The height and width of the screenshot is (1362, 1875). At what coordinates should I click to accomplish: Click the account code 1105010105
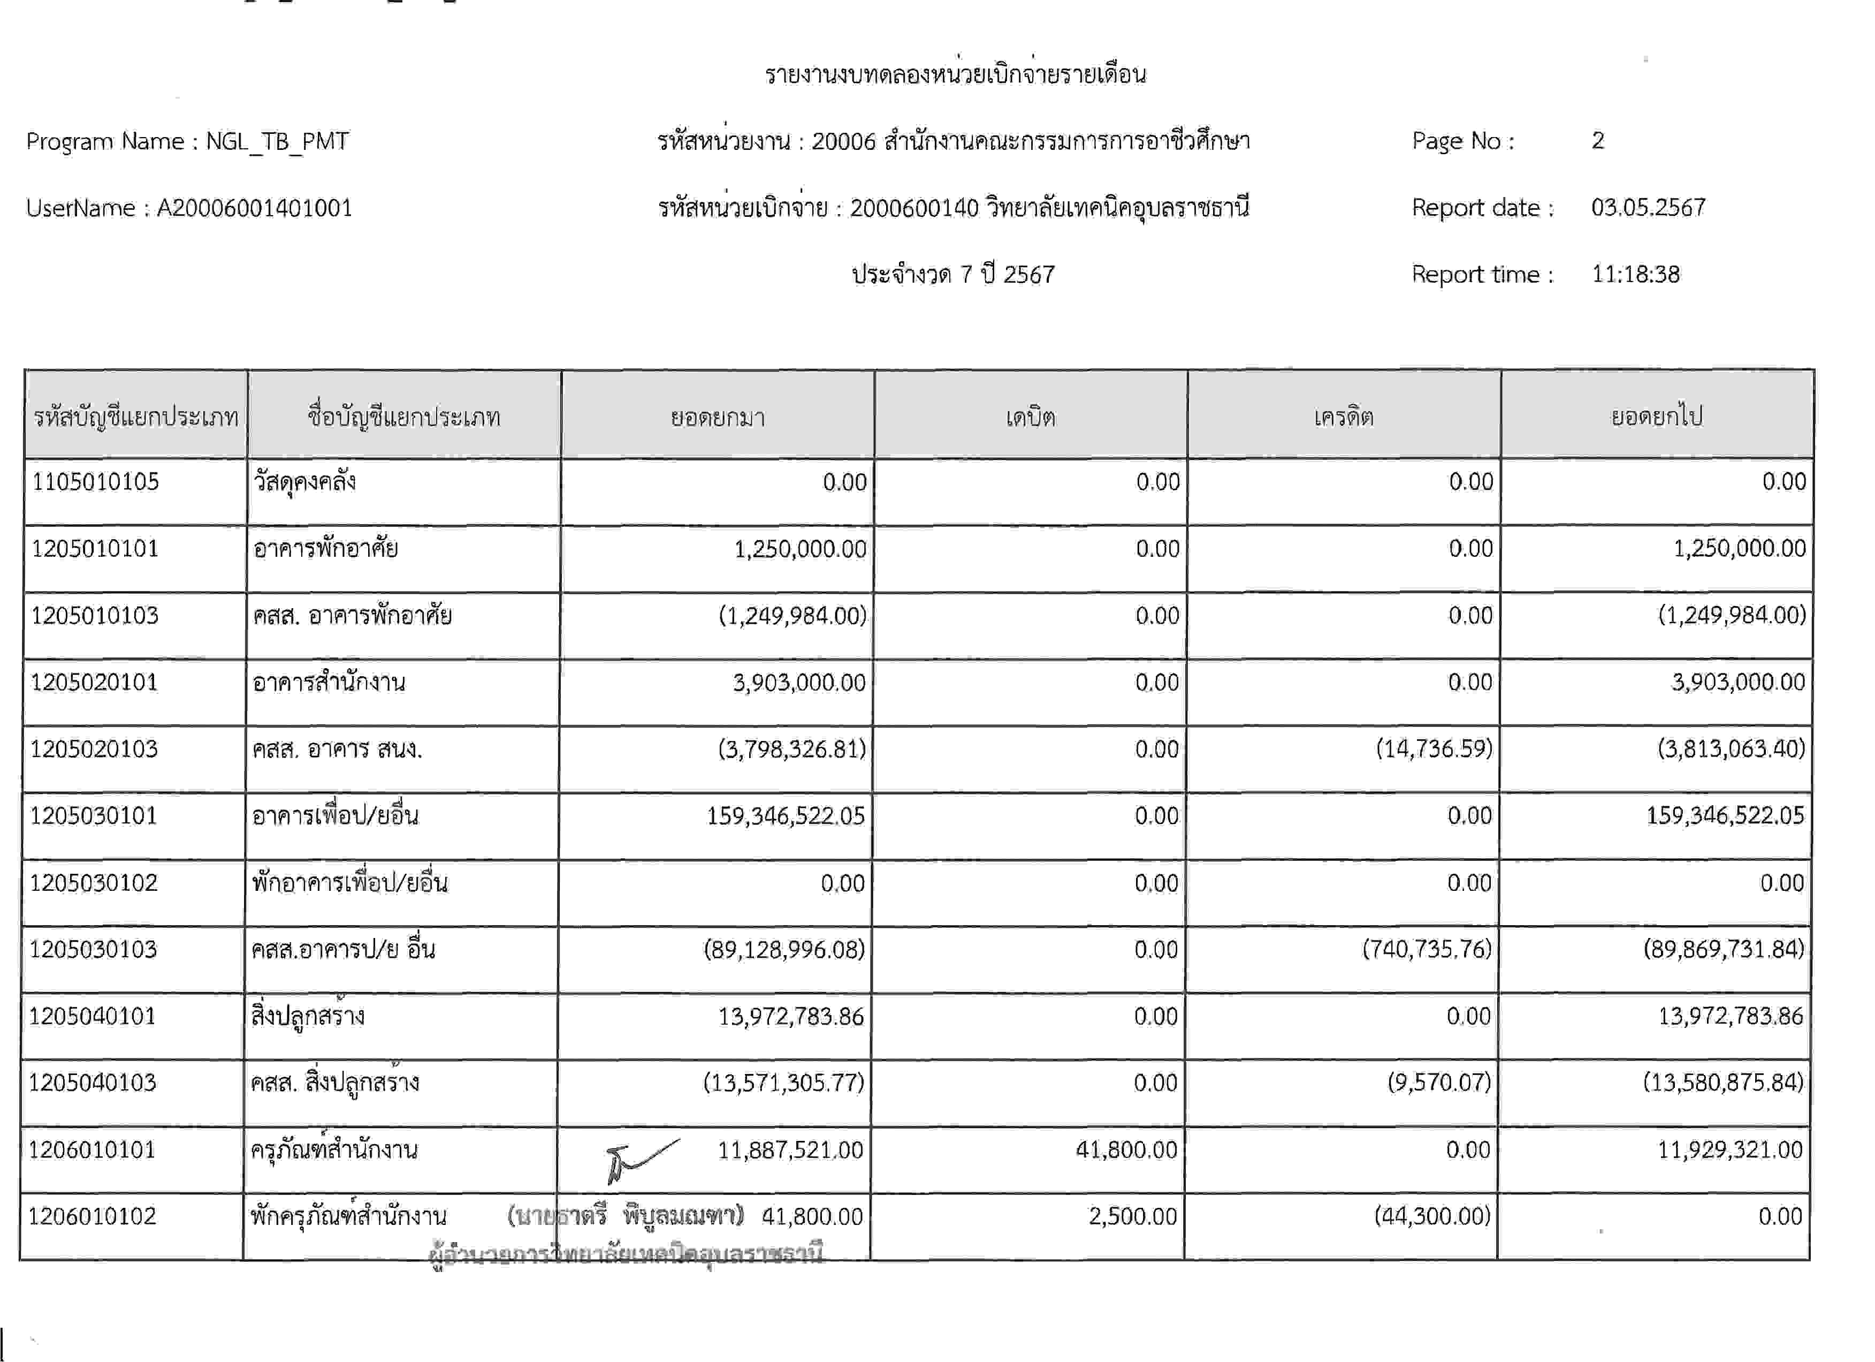95,482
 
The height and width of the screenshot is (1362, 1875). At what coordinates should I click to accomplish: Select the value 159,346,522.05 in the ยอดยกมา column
786,816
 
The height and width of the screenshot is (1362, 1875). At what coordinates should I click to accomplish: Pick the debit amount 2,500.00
1133,1216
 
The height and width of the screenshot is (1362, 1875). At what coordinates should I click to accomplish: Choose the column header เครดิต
1344,417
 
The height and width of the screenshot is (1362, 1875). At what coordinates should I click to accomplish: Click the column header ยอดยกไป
1657,417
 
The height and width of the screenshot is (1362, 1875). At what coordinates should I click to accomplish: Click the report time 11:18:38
1635,275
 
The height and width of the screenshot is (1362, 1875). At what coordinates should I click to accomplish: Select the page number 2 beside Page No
1598,141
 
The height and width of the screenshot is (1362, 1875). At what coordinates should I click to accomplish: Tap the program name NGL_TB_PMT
277,141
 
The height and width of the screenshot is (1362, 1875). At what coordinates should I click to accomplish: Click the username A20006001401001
255,208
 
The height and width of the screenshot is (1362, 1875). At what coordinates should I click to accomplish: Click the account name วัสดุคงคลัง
304,482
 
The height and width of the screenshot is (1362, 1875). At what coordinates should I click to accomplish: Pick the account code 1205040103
93,1083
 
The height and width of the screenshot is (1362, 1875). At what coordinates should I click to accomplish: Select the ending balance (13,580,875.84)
1723,1083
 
